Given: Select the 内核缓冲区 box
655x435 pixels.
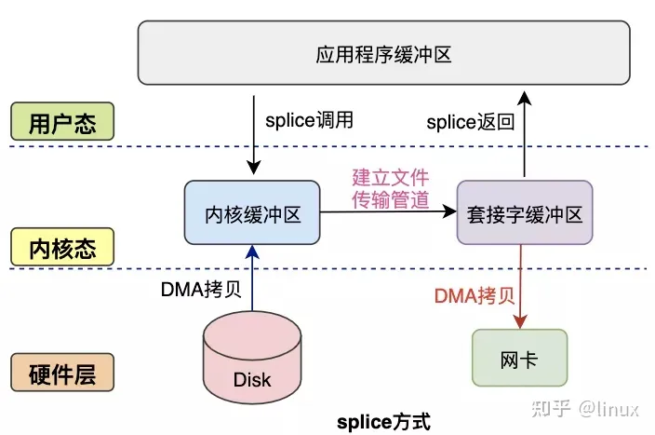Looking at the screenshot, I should [x=252, y=213].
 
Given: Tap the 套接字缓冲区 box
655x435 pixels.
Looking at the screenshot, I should [x=524, y=213].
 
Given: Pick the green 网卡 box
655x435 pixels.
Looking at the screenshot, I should [x=518, y=358].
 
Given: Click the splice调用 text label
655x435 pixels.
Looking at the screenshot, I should [x=310, y=122].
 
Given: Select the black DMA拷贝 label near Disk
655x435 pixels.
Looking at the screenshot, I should [x=201, y=289].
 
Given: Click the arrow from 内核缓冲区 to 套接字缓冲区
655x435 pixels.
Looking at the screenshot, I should [x=388, y=213].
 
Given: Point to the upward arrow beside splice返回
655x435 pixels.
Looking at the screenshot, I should [x=524, y=131].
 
